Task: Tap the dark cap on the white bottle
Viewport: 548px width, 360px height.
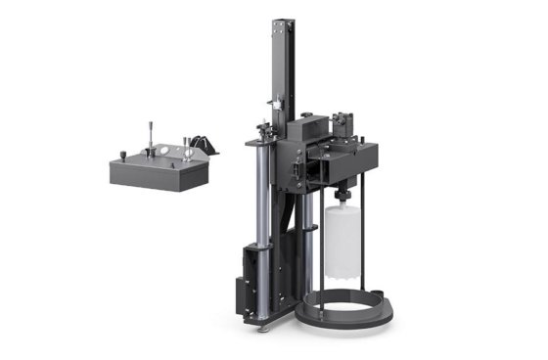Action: point(343,198)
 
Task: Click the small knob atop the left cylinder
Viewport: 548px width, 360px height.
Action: point(261,127)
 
